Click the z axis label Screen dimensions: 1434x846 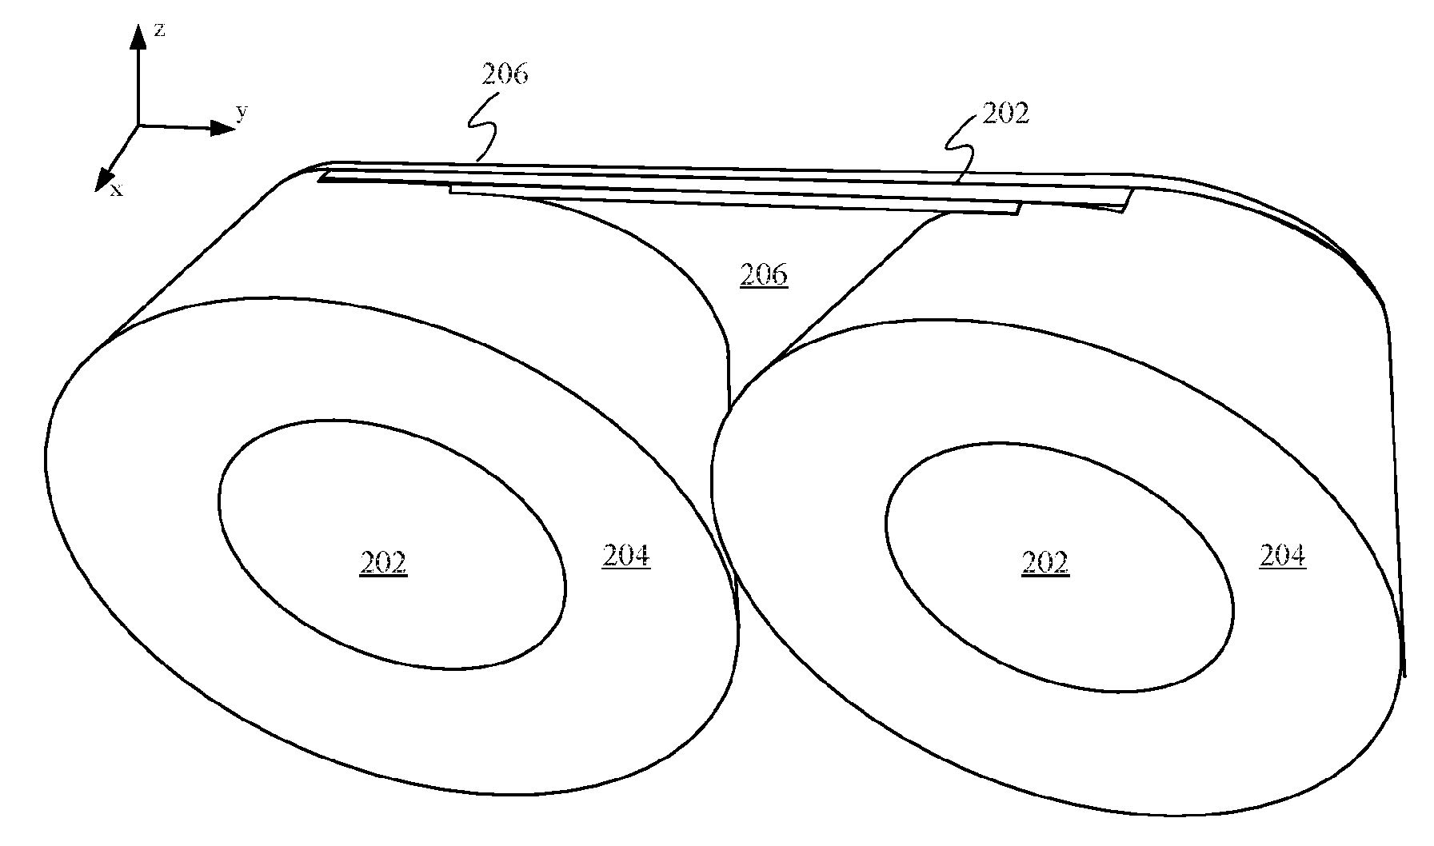tap(160, 30)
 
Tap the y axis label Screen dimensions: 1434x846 tap(242, 112)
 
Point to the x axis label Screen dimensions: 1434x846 tap(117, 190)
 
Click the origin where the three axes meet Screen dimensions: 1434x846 tap(138, 126)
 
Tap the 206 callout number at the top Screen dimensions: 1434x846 tap(505, 74)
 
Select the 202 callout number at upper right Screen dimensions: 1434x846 tap(1005, 114)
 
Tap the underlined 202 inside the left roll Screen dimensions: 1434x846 tap(383, 564)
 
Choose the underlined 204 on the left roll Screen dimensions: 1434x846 tap(625, 556)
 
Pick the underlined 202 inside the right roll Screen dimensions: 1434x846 tap(1045, 564)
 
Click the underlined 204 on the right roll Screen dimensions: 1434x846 tap(1283, 556)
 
